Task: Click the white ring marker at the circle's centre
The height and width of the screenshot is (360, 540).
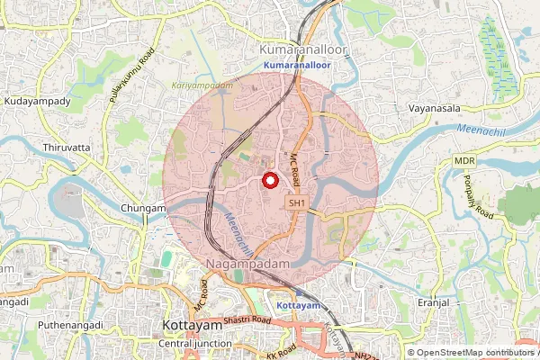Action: point(269,180)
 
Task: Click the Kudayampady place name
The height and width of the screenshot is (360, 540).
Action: point(37,102)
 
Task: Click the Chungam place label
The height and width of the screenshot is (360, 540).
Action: point(143,208)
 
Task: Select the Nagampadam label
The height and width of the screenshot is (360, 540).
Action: point(251,262)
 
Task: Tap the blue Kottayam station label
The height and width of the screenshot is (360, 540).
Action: point(298,306)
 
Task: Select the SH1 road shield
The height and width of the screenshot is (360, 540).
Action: point(297,204)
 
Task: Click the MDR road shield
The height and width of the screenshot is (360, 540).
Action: point(464,160)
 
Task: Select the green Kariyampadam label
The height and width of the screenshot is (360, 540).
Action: point(195,84)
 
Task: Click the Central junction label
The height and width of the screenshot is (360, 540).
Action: point(195,344)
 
